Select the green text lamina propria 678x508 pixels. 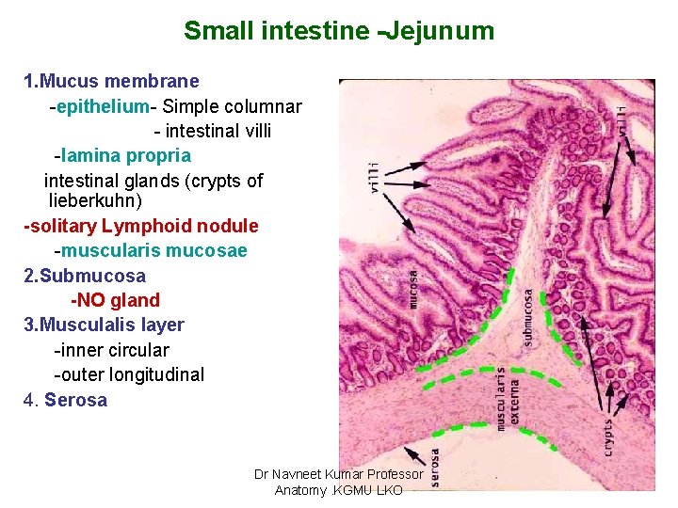[127, 155]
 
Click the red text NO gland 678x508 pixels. [116, 300]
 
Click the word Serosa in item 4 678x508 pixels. [76, 400]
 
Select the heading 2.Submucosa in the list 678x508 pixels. [85, 276]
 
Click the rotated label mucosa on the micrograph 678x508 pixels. [413, 289]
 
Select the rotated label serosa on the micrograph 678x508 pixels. [435, 468]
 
